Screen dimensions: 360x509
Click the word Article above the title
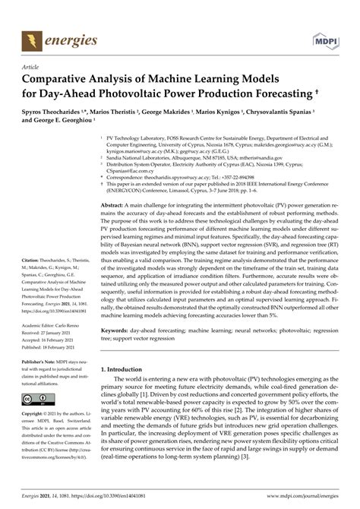point(32,67)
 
